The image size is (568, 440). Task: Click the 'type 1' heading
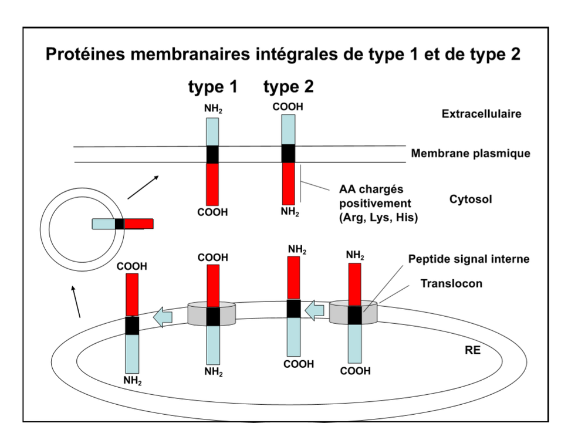point(213,87)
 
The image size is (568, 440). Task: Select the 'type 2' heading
point(288,87)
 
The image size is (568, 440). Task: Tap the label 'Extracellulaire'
point(481,114)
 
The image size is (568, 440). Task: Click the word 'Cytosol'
point(471,199)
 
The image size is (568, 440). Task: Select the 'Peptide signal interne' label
point(469,259)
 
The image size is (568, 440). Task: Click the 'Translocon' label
point(451,283)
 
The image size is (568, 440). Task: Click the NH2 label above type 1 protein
point(213,110)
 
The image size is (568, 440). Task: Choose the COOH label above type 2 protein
point(288,107)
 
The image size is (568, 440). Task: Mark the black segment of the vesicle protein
point(120,224)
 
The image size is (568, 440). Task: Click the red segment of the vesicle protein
point(138,224)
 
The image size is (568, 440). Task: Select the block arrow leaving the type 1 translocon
point(164,317)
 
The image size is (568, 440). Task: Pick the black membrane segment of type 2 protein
point(288,153)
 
